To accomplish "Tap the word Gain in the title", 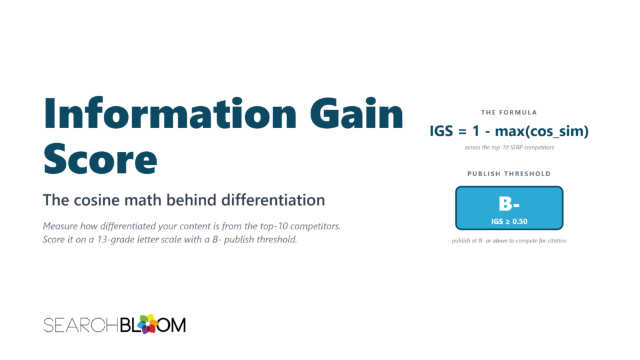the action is tap(357, 114).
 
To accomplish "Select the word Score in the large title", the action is tap(100, 159).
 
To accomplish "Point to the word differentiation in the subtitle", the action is tap(273, 200).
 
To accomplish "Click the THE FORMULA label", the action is tap(509, 112).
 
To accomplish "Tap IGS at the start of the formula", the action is tap(441, 131).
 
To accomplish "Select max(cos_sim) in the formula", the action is tap(542, 131).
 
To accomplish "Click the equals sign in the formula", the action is tap(462, 131).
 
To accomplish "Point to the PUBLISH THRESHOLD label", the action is tap(509, 174).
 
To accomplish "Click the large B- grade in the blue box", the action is tap(509, 204).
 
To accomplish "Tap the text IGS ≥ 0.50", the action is tap(509, 221).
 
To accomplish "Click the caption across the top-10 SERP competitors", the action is tap(509, 147).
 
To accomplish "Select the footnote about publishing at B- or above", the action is tap(509, 241).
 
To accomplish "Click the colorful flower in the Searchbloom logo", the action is tap(147, 324).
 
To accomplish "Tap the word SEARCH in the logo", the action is tap(81, 325).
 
